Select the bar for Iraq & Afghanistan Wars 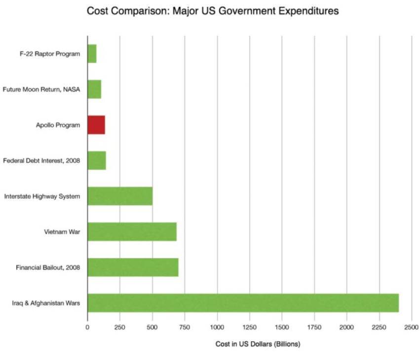pyautogui.click(x=243, y=303)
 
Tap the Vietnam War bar pyautogui.click(x=132, y=232)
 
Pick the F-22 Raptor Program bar pyautogui.click(x=92, y=54)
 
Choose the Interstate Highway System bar pyautogui.click(x=120, y=196)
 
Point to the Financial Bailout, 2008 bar pyautogui.click(x=133, y=267)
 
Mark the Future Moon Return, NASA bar pyautogui.click(x=94, y=89)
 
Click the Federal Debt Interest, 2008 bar pyautogui.click(x=97, y=161)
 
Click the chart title pyautogui.click(x=213, y=11)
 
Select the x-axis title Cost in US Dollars pyautogui.click(x=258, y=344)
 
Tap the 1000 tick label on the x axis pyautogui.click(x=217, y=327)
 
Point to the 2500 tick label pyautogui.click(x=411, y=327)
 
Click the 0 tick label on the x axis pyautogui.click(x=87, y=327)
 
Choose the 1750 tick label pyautogui.click(x=314, y=327)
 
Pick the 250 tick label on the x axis pyautogui.click(x=120, y=327)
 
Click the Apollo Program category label pyautogui.click(x=58, y=125)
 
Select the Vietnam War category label pyautogui.click(x=62, y=232)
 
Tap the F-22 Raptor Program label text pyautogui.click(x=50, y=54)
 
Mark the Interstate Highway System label pyautogui.click(x=42, y=196)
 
